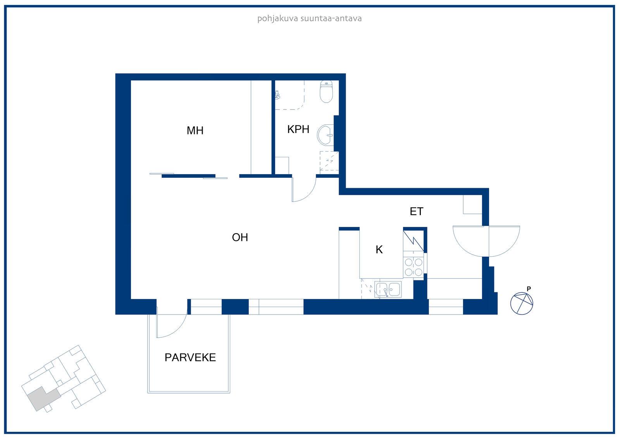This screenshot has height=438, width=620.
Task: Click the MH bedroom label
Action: tap(195, 131)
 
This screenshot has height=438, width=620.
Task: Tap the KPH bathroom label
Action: tap(298, 129)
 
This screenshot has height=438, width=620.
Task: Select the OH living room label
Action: tap(240, 237)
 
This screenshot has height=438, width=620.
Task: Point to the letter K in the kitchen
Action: tap(379, 249)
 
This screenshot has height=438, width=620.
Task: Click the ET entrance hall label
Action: tap(417, 211)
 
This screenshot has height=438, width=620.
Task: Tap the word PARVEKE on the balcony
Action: tap(190, 357)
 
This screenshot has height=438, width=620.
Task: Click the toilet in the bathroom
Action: tap(326, 91)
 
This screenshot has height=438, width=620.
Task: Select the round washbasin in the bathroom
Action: tap(325, 135)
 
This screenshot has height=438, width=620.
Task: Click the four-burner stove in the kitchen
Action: tap(413, 267)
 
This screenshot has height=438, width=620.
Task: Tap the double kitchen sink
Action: tap(388, 290)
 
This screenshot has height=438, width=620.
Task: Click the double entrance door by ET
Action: tap(486, 241)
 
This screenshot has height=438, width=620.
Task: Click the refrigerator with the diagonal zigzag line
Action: tap(413, 241)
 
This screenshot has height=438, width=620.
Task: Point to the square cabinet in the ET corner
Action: tap(472, 205)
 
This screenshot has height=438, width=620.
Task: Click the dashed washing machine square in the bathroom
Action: tap(329, 161)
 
